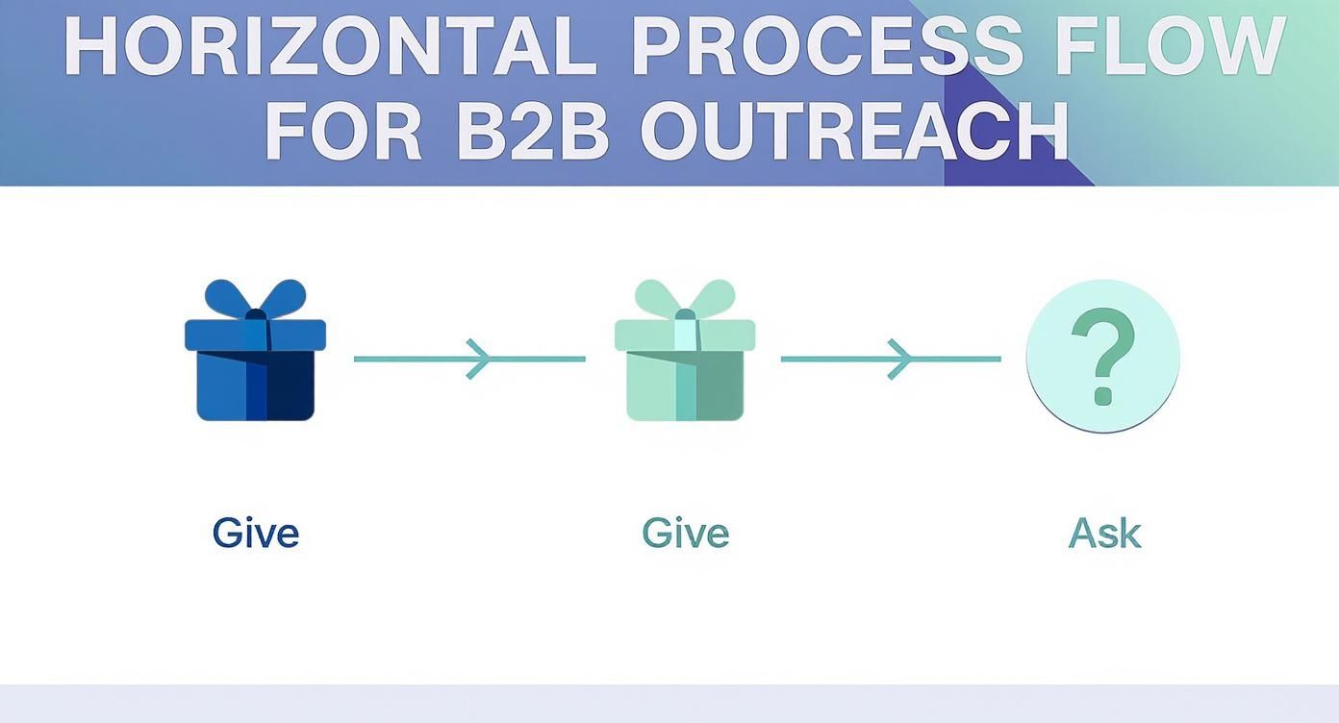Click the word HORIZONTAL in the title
point(331,46)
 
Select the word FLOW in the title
point(1171,46)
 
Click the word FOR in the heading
point(343,131)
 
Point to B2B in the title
point(533,131)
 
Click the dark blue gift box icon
point(255,350)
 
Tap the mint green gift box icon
point(685,350)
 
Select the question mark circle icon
point(1103,356)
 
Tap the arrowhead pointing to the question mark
point(901,360)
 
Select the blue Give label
point(256,533)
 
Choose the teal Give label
point(686,533)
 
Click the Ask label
point(1104,533)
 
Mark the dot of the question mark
point(1103,396)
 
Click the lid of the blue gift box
point(255,336)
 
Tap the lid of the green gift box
point(685,336)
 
